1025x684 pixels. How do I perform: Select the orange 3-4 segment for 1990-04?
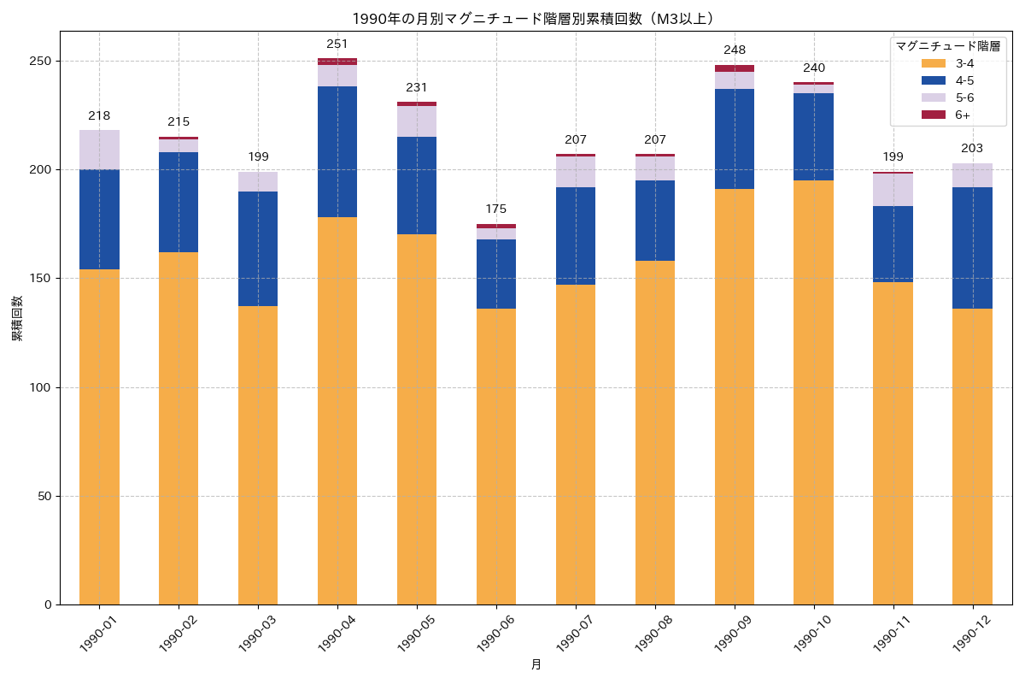coord(337,410)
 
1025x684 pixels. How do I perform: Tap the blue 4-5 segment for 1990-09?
coord(735,139)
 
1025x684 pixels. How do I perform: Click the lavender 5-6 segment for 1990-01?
coord(99,150)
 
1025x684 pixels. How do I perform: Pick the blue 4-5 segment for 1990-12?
coord(972,248)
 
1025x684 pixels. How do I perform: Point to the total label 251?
coord(337,44)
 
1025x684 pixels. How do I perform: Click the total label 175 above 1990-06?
coord(496,209)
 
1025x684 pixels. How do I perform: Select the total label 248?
coord(735,50)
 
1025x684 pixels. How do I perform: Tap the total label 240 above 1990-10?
coord(814,68)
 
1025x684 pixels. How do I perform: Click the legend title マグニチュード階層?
coord(947,46)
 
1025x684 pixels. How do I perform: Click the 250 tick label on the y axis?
coord(40,62)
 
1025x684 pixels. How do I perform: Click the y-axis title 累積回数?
coord(17,318)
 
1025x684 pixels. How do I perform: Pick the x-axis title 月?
coord(536,665)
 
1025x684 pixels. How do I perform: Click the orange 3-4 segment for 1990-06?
coord(496,457)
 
